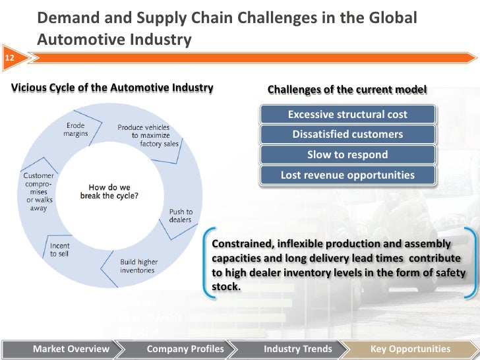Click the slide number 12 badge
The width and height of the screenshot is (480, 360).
click(x=9, y=58)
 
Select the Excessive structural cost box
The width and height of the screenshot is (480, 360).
click(x=347, y=115)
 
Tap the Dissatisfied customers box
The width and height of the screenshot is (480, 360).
click(x=347, y=135)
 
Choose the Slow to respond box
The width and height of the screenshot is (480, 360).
click(x=347, y=155)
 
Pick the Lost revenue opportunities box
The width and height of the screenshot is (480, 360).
click(x=347, y=175)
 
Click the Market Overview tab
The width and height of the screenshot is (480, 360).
click(x=71, y=349)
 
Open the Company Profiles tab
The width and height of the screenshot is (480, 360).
click(x=185, y=349)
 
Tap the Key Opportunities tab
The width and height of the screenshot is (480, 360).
click(x=410, y=349)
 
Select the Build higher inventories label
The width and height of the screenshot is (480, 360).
click(x=137, y=266)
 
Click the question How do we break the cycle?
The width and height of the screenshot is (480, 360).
click(x=109, y=191)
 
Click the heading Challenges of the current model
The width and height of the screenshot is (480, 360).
click(x=346, y=90)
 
